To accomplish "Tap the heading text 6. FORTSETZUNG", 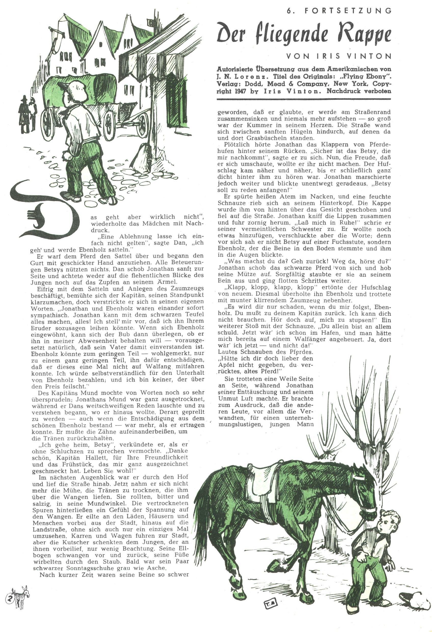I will tap(339, 11).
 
